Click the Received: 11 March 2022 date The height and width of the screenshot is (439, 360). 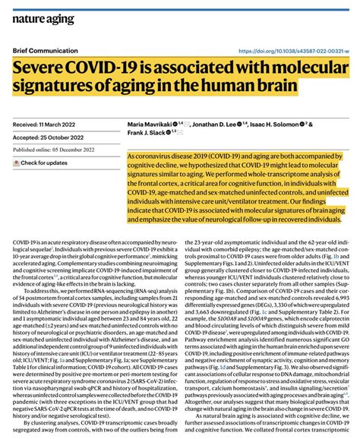point(46,122)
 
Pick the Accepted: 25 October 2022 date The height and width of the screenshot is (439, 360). point(49,137)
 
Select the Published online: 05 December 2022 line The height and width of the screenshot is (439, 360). point(58,150)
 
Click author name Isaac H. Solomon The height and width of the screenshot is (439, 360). point(277,123)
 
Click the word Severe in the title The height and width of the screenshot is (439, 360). point(41,68)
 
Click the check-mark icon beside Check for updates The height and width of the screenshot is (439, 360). point(16,163)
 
